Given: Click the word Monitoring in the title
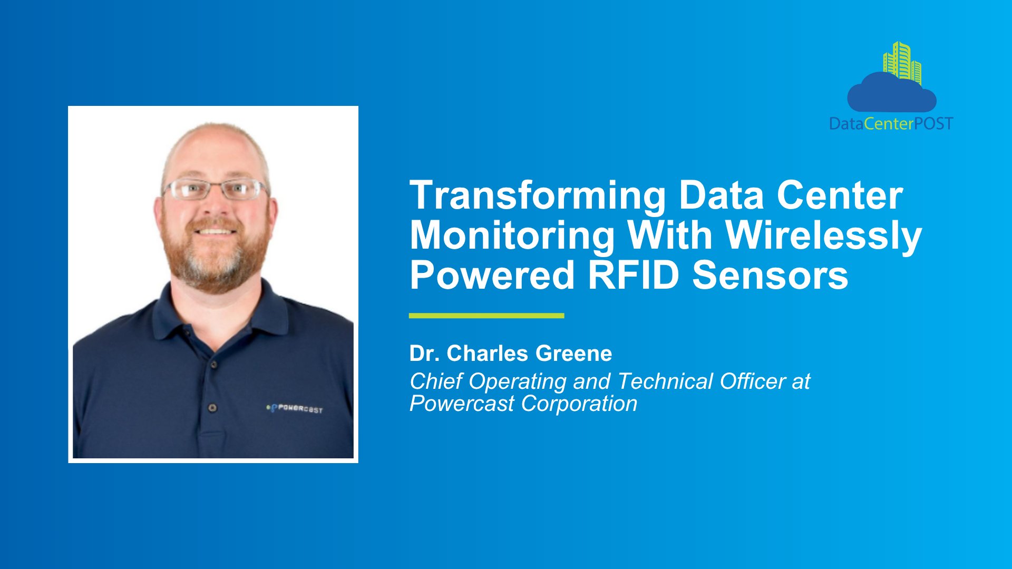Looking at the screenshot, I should (x=512, y=236).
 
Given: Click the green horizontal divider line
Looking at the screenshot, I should (x=486, y=316).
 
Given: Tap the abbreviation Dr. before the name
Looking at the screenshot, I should (x=424, y=354).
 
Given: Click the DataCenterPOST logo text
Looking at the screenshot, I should (x=891, y=124).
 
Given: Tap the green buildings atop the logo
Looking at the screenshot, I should (x=902, y=62).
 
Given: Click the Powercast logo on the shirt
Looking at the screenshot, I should (x=294, y=408).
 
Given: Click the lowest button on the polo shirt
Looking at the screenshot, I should (x=212, y=407).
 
